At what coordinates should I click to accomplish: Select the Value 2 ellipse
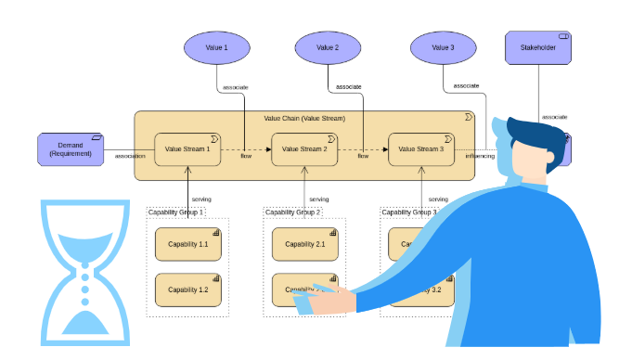point(328,47)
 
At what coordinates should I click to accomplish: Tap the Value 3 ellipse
point(444,47)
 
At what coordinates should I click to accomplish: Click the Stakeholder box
point(538,48)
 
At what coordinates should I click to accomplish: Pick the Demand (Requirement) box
point(71,149)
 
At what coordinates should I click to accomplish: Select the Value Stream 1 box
point(188,148)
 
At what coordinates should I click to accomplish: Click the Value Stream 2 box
point(305,148)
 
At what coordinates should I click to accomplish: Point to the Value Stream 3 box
point(421,148)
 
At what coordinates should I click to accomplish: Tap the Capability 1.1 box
point(188,244)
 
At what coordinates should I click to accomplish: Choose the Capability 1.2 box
point(188,289)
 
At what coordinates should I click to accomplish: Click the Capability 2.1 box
point(305,244)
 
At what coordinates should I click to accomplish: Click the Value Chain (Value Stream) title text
point(303,119)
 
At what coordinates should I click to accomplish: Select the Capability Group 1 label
point(176,212)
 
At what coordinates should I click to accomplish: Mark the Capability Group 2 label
point(293,212)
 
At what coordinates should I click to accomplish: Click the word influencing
point(480,156)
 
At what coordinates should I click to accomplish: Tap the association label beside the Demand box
point(130,156)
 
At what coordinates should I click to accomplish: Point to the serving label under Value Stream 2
point(318,199)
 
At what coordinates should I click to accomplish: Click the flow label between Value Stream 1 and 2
point(246,156)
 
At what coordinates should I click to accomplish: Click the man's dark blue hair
point(533,135)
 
